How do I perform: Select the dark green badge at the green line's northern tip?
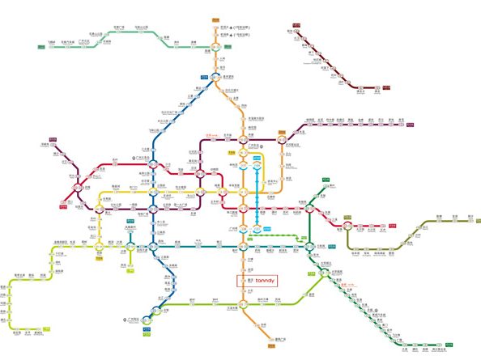323,177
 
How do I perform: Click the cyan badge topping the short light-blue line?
257,161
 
